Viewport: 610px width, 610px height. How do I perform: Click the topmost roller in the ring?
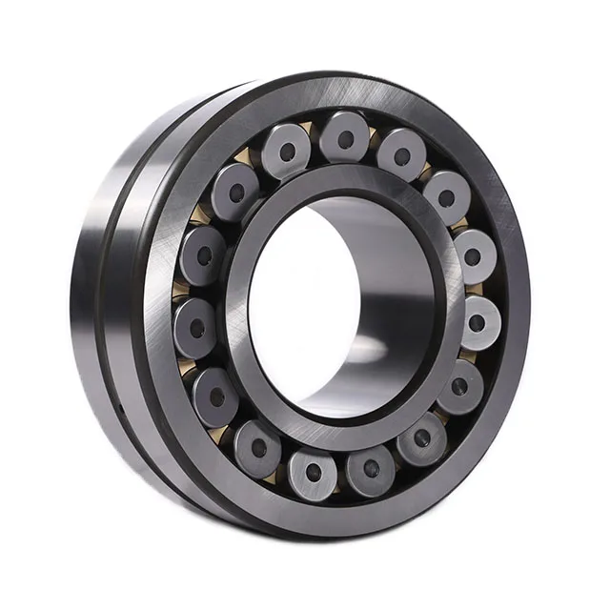point(344,136)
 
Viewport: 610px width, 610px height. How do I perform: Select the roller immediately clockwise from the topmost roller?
point(401,153)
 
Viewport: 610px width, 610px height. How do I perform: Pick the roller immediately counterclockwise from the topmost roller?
point(286,150)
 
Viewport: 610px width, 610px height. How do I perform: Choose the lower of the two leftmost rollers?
point(196,327)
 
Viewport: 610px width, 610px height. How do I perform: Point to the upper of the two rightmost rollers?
point(474,255)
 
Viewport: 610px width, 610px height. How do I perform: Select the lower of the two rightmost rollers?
point(477,321)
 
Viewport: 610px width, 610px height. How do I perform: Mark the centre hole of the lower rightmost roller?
point(477,323)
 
